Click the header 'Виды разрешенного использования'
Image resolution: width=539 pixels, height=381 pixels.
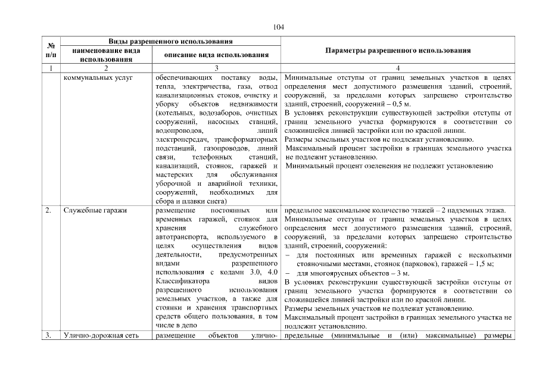[x=170, y=41]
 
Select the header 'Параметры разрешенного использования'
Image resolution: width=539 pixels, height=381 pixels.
[x=398, y=51]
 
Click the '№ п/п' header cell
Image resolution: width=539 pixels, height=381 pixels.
[x=50, y=49]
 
